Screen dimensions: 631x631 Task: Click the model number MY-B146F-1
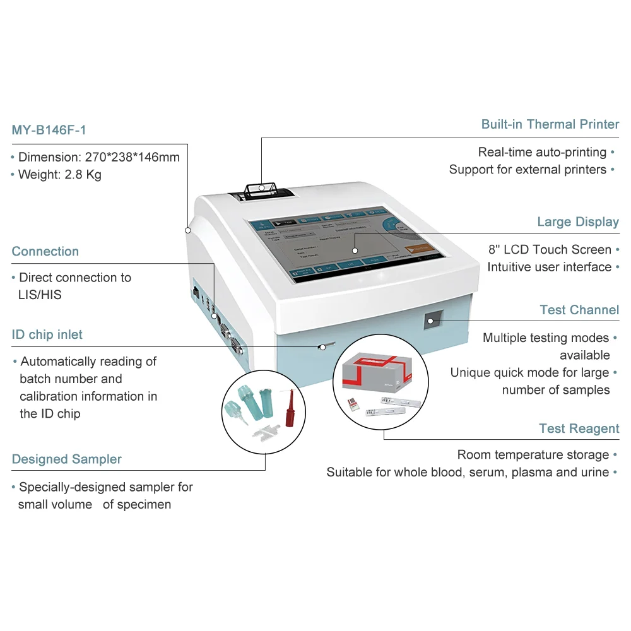point(49,131)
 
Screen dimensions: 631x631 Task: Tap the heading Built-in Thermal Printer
point(550,124)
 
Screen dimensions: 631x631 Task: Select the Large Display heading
point(577,221)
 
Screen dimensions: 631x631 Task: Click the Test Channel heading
point(579,310)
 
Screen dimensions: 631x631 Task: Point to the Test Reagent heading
point(579,428)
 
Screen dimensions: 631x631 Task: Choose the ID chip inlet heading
point(47,334)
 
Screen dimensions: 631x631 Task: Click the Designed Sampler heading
point(66,459)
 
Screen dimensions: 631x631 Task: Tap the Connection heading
point(45,251)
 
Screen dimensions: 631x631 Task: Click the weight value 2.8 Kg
point(83,175)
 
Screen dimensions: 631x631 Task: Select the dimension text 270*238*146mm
point(132,157)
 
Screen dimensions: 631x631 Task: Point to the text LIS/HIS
point(40,295)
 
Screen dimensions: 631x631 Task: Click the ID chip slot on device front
point(326,346)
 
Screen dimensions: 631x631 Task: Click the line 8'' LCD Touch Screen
point(549,249)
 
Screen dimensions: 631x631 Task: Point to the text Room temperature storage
point(533,454)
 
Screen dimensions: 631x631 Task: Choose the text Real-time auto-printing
point(541,152)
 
